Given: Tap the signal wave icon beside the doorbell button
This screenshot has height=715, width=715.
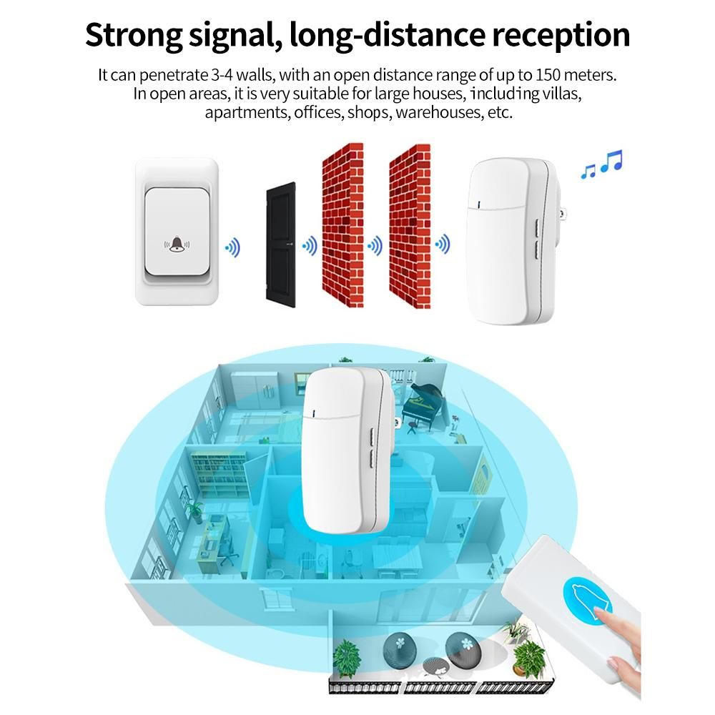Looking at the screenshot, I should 232,248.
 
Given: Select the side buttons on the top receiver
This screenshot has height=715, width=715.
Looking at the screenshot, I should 538,241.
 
